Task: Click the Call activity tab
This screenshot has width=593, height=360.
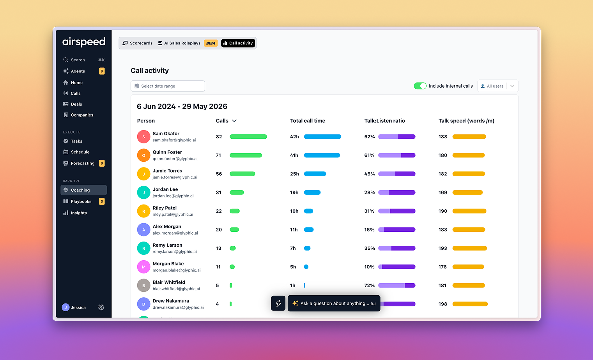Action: pyautogui.click(x=238, y=43)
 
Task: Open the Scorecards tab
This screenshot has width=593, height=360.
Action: pyautogui.click(x=137, y=43)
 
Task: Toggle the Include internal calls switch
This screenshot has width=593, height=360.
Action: pyautogui.click(x=420, y=86)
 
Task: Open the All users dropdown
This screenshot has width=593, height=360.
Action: pyautogui.click(x=498, y=86)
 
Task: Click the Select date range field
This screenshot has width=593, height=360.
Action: pyautogui.click(x=168, y=86)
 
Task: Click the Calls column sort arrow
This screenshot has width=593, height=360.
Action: pyautogui.click(x=234, y=121)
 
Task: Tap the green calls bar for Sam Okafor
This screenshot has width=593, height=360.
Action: pyautogui.click(x=248, y=137)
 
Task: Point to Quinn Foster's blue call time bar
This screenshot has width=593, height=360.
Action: pyautogui.click(x=322, y=155)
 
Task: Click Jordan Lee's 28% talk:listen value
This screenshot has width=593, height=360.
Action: pyautogui.click(x=369, y=192)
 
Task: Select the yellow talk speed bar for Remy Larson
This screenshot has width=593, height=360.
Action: pyautogui.click(x=470, y=248)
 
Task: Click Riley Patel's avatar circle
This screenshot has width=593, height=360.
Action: pyautogui.click(x=144, y=211)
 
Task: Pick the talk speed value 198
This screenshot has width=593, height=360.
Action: pyautogui.click(x=443, y=304)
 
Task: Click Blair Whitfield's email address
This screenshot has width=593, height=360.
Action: pyautogui.click(x=176, y=289)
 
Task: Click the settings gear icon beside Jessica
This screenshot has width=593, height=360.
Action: pyautogui.click(x=101, y=307)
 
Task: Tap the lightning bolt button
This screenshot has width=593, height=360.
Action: pyautogui.click(x=278, y=303)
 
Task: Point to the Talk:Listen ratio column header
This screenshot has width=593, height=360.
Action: pyautogui.click(x=384, y=121)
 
